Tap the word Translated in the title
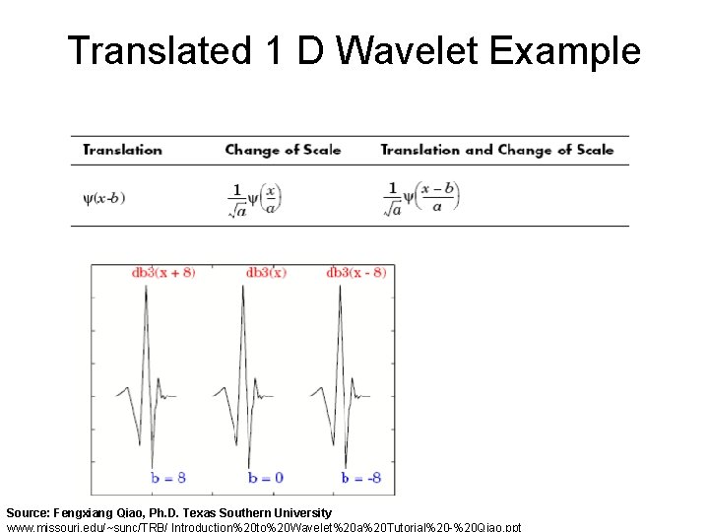159,50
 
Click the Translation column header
122,150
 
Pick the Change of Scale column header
283,150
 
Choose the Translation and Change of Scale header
496,150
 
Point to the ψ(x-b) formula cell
104,197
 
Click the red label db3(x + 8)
163,273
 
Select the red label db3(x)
266,273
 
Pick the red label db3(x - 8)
355,273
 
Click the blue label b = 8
168,478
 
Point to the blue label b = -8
361,478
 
